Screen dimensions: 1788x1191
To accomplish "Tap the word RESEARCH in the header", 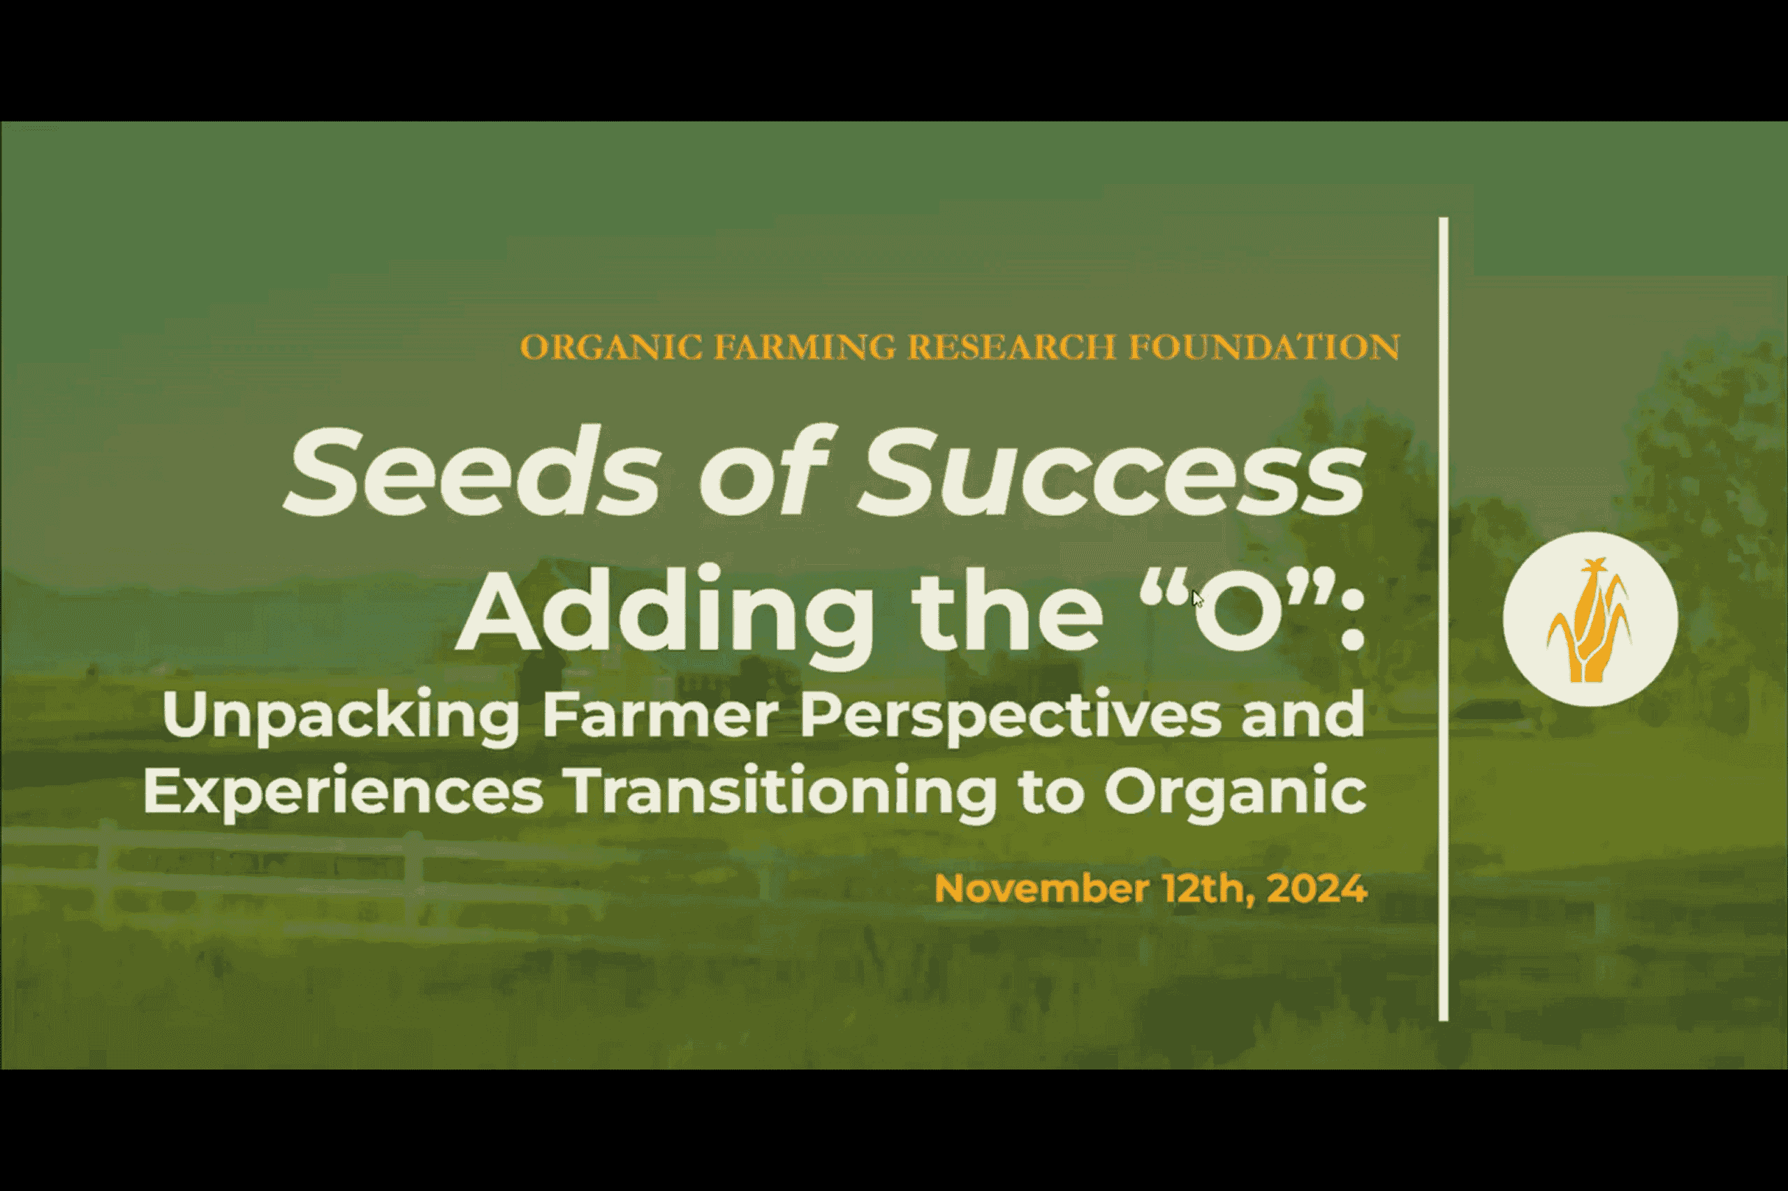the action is [1011, 347].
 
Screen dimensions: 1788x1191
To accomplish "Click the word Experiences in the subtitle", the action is [343, 793].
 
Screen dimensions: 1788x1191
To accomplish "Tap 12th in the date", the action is [1208, 889].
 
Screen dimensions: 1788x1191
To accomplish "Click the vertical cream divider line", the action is [1443, 619].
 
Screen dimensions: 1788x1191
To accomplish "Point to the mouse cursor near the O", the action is [1198, 598].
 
